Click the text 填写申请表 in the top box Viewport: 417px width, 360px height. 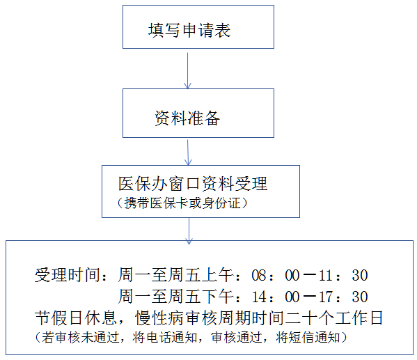pos(189,30)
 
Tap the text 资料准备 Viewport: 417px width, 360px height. pos(187,118)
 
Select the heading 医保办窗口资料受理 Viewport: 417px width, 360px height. pos(193,184)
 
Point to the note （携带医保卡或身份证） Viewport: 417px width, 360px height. pos(182,203)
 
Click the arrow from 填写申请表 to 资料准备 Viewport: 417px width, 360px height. pos(187,70)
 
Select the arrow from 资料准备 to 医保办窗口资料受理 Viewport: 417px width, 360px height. pos(188,152)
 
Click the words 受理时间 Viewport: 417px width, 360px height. pos(68,275)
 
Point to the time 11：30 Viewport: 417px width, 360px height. pos(343,275)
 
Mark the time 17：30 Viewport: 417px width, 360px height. pos(343,297)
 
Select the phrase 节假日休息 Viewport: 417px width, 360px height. pos(76,318)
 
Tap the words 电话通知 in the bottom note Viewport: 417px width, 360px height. pos(171,338)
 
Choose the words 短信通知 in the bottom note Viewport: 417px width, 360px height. pos(315,338)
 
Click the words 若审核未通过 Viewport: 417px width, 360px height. pos(81,338)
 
